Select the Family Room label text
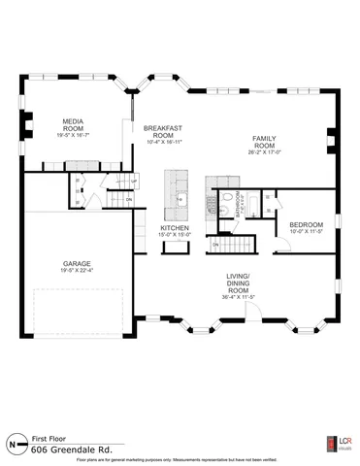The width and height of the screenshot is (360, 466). tap(264, 143)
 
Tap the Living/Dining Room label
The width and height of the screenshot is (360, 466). tap(239, 283)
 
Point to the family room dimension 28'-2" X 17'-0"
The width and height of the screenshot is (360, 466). tap(264, 152)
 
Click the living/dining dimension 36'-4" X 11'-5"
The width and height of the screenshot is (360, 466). tap(239, 298)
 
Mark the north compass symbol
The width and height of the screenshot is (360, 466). tap(14, 445)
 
